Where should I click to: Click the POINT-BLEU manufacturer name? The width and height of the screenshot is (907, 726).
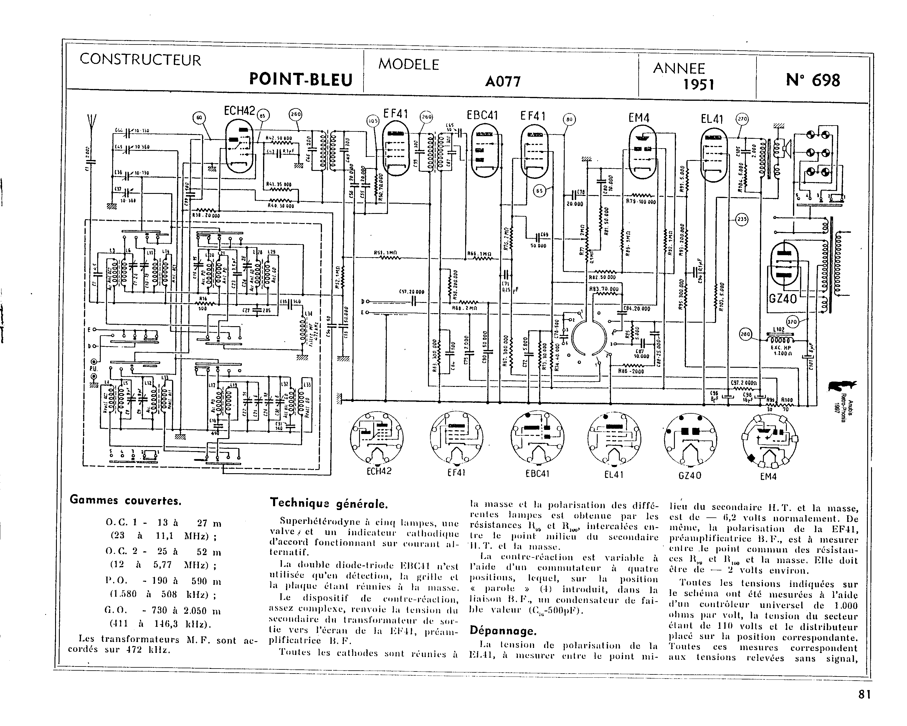[300, 79]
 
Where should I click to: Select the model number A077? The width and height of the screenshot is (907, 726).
[503, 81]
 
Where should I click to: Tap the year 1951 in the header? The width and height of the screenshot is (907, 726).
[699, 84]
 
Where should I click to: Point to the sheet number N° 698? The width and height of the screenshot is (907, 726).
[813, 80]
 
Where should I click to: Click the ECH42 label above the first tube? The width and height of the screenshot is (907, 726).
[239, 110]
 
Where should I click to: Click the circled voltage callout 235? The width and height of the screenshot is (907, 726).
[742, 219]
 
